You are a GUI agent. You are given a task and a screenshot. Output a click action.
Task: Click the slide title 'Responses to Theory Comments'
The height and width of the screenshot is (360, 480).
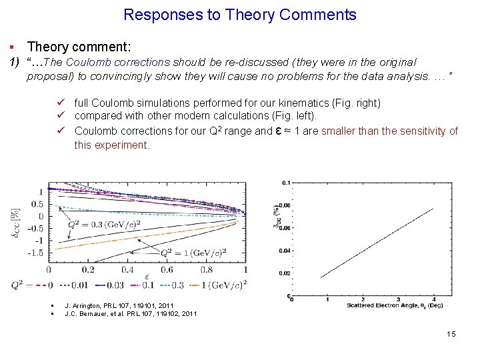(240, 15)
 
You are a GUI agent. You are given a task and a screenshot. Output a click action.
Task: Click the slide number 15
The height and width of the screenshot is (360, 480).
(451, 334)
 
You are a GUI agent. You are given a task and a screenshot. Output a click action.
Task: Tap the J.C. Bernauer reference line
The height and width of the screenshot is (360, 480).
(130, 313)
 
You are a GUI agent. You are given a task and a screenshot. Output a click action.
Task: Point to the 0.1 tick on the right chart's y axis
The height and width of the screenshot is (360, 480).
(285, 182)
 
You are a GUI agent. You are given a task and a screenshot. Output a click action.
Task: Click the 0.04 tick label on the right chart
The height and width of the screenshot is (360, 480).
(285, 251)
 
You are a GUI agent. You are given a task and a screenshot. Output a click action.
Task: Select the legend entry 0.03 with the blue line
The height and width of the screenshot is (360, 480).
(106, 285)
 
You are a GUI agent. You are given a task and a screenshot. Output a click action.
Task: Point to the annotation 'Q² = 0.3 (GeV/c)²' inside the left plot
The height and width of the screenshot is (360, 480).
(104, 224)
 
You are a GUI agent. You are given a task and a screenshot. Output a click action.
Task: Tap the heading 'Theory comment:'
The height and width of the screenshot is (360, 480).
(79, 47)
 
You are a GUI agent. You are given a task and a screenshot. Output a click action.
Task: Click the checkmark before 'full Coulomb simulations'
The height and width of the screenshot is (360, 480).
(61, 103)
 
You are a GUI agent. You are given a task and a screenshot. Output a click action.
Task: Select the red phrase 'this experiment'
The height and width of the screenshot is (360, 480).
(112, 145)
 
